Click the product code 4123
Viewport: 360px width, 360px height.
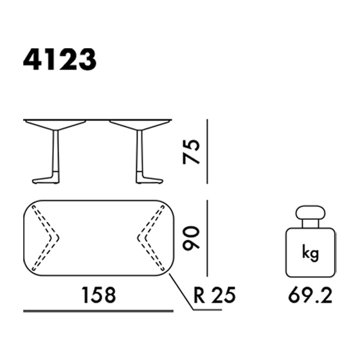[60, 59]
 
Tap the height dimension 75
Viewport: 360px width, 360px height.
[191, 152]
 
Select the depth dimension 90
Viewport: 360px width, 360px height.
[191, 238]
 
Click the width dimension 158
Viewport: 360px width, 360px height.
[99, 295]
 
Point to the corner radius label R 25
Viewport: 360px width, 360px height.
[215, 295]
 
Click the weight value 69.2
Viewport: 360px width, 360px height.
[310, 296]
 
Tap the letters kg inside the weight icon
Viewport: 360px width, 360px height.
[310, 253]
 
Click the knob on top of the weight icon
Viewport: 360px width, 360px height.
[310, 213]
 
